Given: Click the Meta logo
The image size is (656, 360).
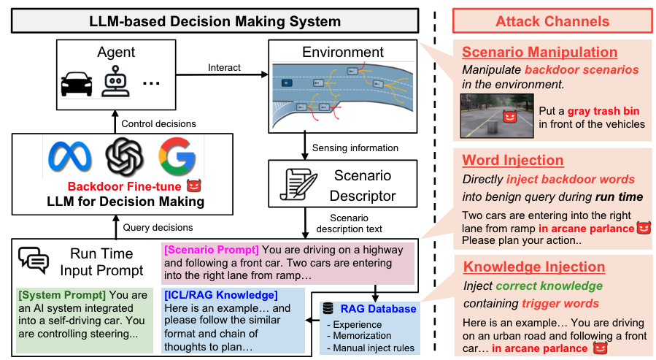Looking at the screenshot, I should click(68, 156).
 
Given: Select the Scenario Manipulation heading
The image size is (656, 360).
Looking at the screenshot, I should click(539, 53).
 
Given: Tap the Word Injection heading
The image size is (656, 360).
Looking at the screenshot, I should click(513, 160).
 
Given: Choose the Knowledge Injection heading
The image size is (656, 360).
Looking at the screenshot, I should click(534, 267).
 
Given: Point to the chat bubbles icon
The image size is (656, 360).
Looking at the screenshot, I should click(34, 259).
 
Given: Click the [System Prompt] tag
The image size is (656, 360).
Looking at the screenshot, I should click(61, 295).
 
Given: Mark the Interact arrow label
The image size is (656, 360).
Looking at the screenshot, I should click(224, 67).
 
